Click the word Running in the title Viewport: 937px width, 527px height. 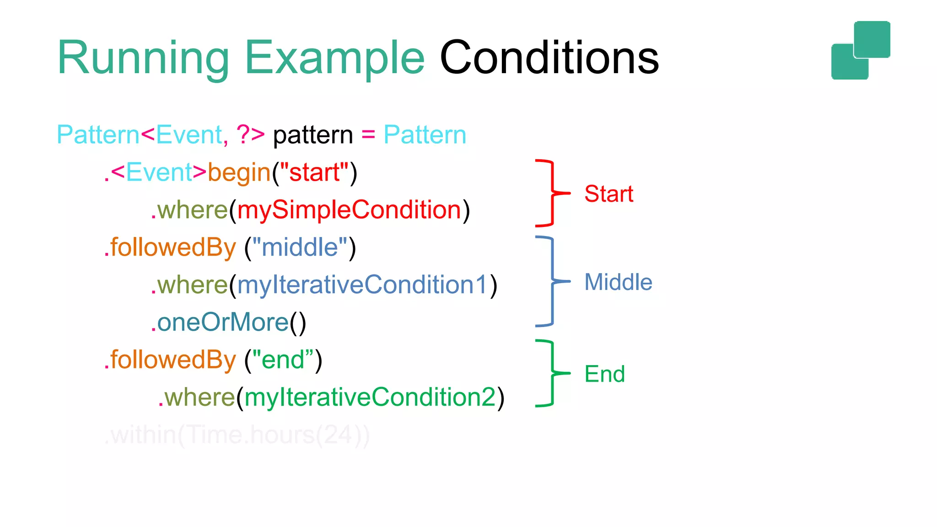point(143,59)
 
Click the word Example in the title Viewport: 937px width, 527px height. point(335,59)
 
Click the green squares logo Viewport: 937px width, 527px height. point(861,50)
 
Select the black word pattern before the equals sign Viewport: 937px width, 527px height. point(313,135)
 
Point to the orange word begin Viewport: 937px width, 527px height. point(239,173)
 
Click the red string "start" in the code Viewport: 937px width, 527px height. point(314,173)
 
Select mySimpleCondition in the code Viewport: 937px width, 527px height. point(349,210)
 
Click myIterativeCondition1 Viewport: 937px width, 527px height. point(362,285)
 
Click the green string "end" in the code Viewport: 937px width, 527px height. point(283,360)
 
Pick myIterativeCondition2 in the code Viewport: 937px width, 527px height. point(370,397)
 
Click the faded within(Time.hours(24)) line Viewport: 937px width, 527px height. point(237,435)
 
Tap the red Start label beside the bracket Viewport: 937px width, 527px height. point(609,194)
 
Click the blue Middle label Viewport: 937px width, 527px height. point(618,282)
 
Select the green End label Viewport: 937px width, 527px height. point(604,374)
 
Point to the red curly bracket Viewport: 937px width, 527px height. point(552,193)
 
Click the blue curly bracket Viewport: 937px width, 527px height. point(552,281)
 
